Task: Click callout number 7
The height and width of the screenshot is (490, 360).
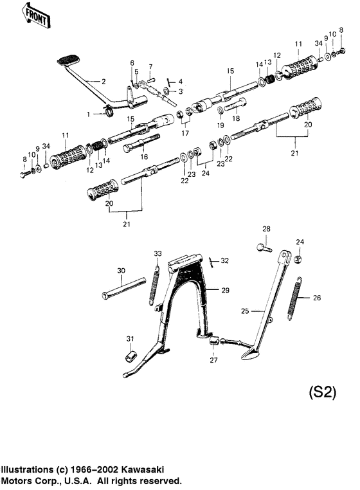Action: [x=150, y=67]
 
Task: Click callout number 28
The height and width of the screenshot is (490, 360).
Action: [x=266, y=230]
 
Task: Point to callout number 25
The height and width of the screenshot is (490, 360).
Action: [x=245, y=311]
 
